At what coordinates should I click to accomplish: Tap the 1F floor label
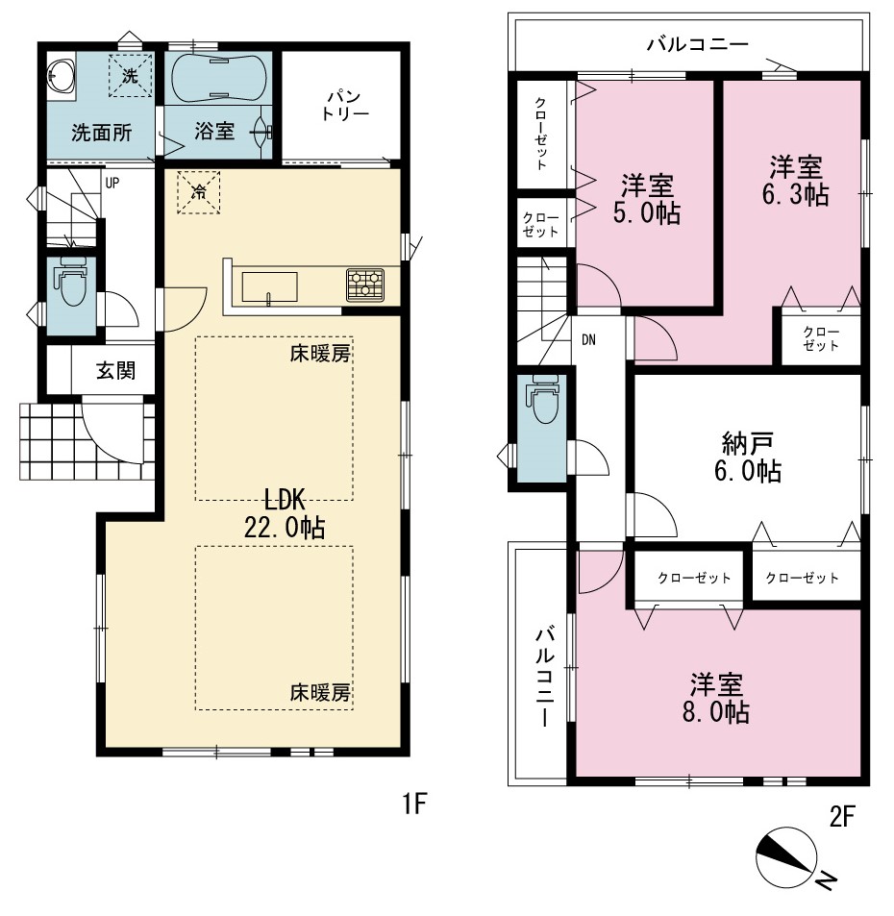click(x=414, y=805)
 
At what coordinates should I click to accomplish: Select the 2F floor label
click(x=843, y=816)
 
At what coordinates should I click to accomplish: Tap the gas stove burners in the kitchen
click(x=365, y=285)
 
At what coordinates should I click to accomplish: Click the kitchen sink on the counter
click(x=269, y=286)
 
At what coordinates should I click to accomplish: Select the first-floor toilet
click(x=71, y=283)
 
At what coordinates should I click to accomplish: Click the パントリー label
click(x=344, y=105)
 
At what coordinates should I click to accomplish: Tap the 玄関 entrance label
click(x=115, y=370)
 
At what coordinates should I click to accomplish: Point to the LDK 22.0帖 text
click(x=285, y=513)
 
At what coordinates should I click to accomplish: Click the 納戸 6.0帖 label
click(x=748, y=458)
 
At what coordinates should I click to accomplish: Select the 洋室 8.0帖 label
click(x=716, y=698)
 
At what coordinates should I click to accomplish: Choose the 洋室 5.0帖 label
click(x=647, y=199)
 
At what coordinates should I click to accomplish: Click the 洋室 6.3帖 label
click(x=796, y=181)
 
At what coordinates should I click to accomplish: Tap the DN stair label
click(x=588, y=339)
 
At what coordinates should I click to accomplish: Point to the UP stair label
click(x=112, y=183)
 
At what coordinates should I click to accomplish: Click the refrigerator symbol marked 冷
click(x=199, y=192)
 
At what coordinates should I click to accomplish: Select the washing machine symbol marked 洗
click(x=130, y=75)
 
